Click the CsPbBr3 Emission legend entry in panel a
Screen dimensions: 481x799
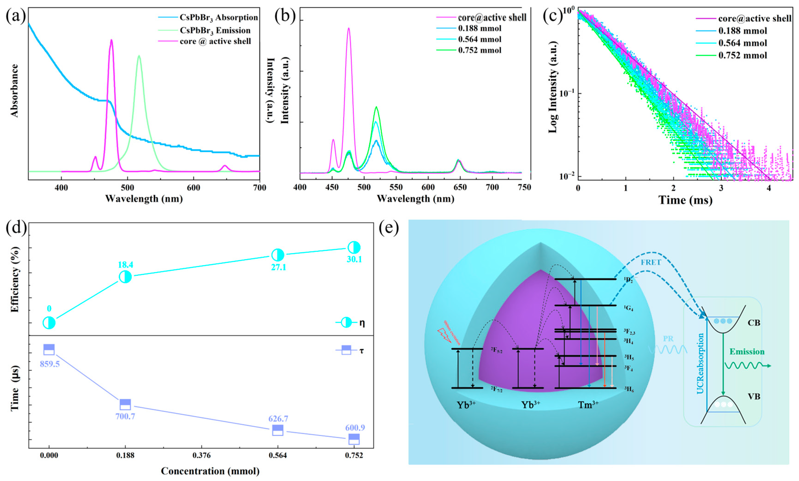tap(215, 30)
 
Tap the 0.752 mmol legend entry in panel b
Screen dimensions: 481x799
tap(479, 50)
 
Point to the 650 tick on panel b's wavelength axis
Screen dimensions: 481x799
tap(460, 188)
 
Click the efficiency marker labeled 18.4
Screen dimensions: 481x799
tap(125, 277)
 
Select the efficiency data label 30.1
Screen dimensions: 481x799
tap(354, 259)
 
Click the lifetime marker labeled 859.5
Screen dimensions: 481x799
tap(49, 350)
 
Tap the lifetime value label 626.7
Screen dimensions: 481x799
tap(278, 419)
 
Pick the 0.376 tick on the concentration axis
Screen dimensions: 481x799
tap(201, 456)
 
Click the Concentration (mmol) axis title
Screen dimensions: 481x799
tap(210, 471)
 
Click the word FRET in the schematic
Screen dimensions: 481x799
tap(651, 262)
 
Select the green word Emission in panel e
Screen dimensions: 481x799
tap(747, 352)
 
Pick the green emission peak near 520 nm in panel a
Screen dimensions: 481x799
tap(139, 56)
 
